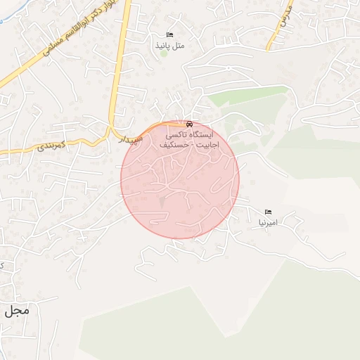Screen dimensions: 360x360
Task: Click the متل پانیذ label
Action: tap(169, 45)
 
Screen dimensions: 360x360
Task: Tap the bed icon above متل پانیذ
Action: tap(169, 34)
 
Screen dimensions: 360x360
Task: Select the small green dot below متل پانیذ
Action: tap(164, 53)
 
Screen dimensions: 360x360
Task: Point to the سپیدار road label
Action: tap(131, 139)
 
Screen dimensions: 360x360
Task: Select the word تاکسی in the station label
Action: tap(176, 134)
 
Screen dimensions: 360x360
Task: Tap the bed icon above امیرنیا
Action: tap(268, 212)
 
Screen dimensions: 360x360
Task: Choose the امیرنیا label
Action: tap(268, 222)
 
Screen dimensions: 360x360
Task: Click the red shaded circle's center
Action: tap(180, 180)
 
